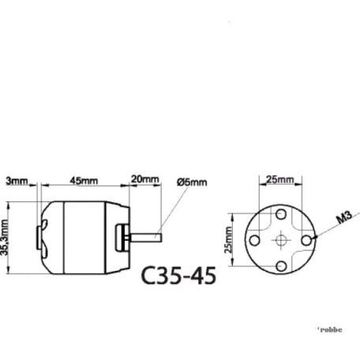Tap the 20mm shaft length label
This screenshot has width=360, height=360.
[x=144, y=180]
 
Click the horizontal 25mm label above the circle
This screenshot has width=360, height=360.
[x=279, y=180]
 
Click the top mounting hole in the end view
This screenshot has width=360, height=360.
[x=281, y=214]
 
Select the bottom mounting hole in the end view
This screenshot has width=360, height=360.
[x=281, y=263]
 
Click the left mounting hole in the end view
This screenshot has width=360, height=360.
[x=256, y=238]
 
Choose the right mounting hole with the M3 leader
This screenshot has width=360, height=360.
[x=306, y=238]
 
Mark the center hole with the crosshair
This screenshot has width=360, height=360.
[x=281, y=238]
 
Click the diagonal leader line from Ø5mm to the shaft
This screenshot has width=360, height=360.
[x=168, y=208]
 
